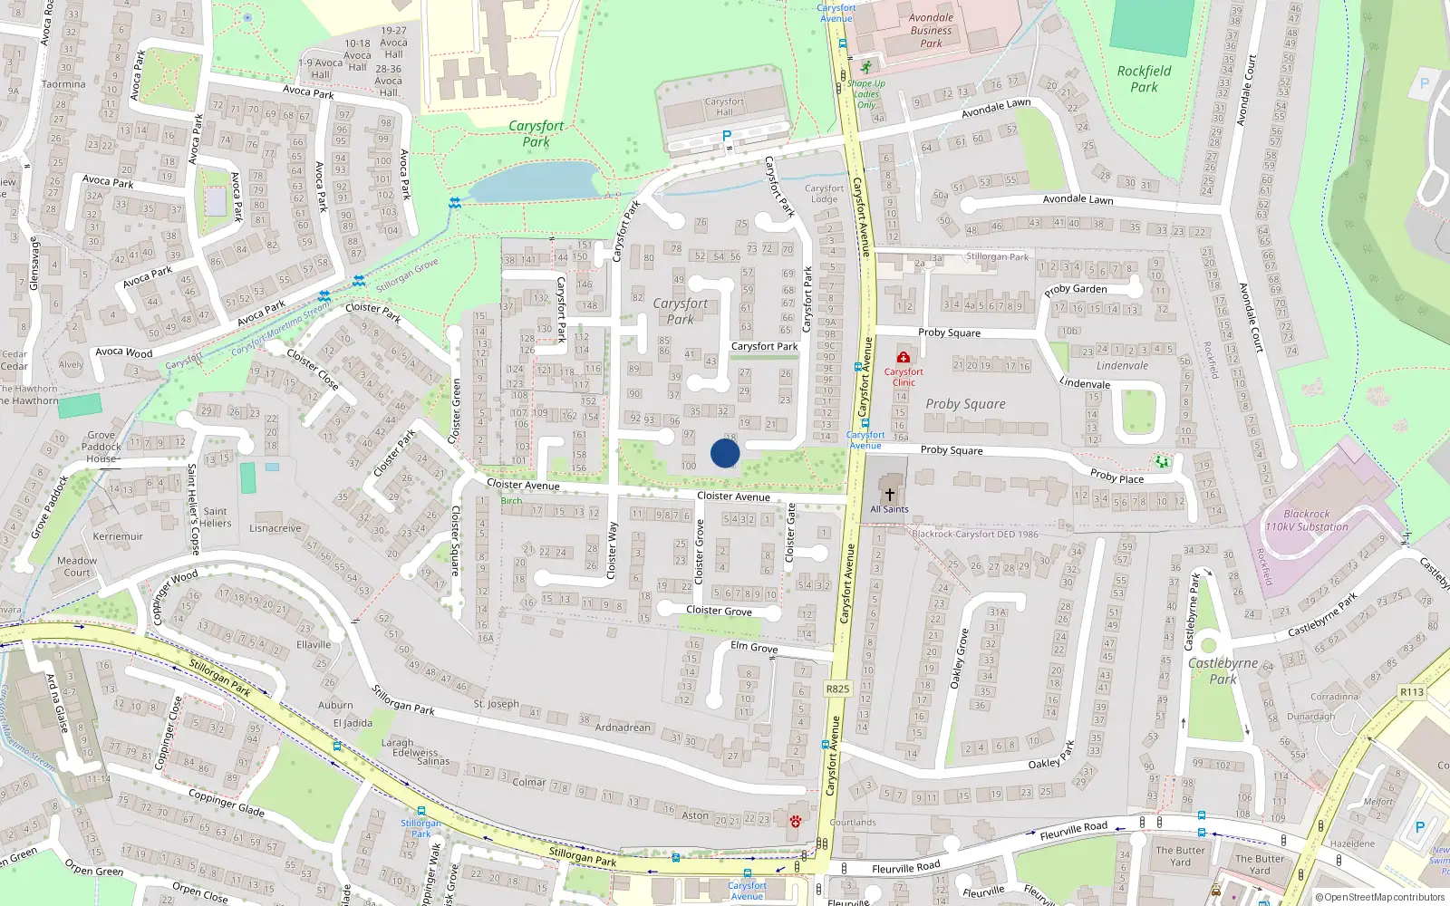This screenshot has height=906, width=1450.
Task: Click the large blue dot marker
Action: coord(725,453)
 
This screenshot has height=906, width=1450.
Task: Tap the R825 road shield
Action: coord(837,689)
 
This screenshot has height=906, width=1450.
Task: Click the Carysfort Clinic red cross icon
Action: coord(903,357)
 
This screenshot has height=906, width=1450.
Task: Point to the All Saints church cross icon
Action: coord(890,495)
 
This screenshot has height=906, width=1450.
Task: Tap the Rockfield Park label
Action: coord(1144,79)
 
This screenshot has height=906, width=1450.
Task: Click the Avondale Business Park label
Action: coord(931,30)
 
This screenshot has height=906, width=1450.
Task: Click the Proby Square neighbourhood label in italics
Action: coord(965,404)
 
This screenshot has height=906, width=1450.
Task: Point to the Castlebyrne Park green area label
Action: coord(1223,670)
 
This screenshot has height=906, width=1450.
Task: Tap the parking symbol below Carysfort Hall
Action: coord(726,137)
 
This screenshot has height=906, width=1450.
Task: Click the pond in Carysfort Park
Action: coord(535,181)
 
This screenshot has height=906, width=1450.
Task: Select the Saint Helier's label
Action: coord(216,517)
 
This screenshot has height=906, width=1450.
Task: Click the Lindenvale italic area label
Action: coord(1122,366)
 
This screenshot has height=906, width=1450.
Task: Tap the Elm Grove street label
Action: coord(754,647)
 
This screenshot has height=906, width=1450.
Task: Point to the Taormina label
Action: coord(63,84)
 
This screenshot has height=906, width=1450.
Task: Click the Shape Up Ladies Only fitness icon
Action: coord(866,67)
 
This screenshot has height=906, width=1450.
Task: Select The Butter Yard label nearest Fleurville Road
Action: coord(1180,856)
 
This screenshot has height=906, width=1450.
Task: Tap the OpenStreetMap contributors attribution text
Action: coord(1379,898)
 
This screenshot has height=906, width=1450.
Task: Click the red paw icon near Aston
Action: coord(795,822)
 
